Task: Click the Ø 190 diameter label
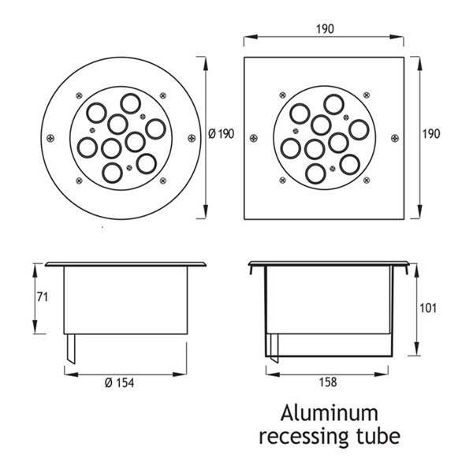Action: [221, 134]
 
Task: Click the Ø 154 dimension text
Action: [119, 383]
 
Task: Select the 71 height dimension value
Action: [43, 297]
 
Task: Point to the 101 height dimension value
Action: [428, 308]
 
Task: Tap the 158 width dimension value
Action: [328, 382]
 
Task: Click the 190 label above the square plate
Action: [325, 29]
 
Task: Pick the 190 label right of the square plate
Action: [431, 134]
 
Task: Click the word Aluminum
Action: [329, 413]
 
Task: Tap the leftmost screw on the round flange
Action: [50, 139]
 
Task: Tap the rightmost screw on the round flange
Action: [192, 139]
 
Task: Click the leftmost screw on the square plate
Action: [254, 139]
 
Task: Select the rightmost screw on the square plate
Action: [395, 139]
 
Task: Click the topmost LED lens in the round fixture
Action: [130, 103]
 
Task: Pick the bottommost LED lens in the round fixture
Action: [112, 173]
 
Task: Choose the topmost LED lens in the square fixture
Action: [333, 104]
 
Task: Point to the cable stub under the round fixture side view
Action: [71, 348]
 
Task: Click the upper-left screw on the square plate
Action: [283, 95]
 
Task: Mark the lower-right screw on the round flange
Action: [163, 181]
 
